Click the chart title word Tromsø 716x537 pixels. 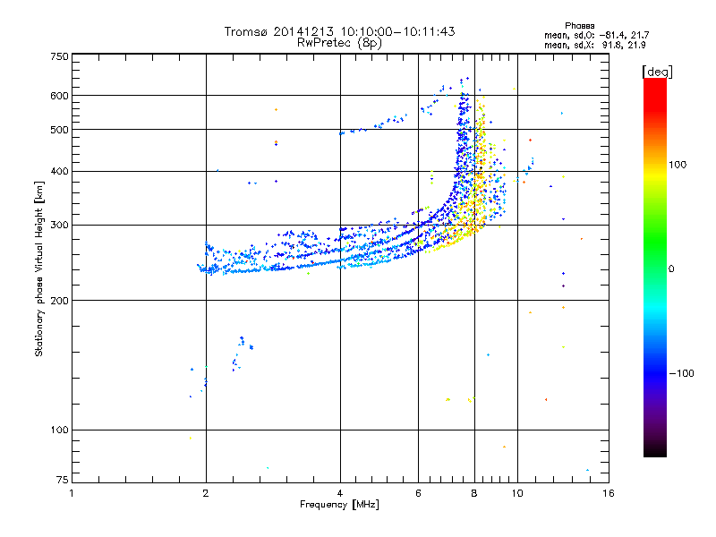click(x=247, y=31)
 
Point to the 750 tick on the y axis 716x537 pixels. click(x=59, y=56)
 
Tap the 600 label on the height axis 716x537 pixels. click(x=59, y=96)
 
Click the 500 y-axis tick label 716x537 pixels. click(x=59, y=130)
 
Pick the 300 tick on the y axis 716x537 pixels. click(x=59, y=226)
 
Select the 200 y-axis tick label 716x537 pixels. click(x=59, y=301)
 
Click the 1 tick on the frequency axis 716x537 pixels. click(x=72, y=493)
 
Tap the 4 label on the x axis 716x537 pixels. click(x=340, y=493)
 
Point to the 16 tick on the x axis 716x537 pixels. click(x=608, y=493)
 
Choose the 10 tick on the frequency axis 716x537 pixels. click(x=516, y=493)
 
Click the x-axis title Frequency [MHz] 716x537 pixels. click(x=339, y=505)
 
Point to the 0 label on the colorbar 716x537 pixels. click(x=673, y=268)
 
